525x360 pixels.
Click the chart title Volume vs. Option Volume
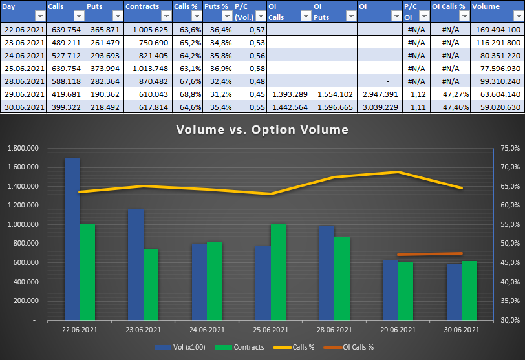[262, 130]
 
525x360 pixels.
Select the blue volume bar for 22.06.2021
[72, 239]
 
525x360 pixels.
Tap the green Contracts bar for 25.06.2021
[278, 271]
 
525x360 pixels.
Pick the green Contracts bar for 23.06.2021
[151, 284]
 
